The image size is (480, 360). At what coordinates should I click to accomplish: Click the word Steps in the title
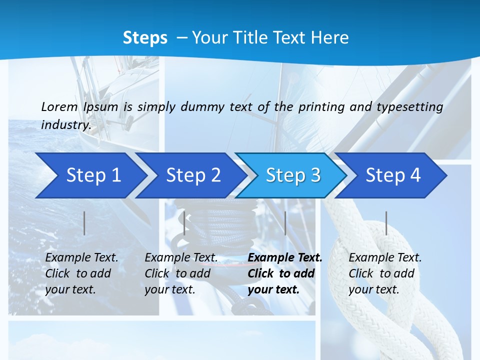[145, 37]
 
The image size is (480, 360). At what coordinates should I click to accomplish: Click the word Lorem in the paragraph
[59, 106]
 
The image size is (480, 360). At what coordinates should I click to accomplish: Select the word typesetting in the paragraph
[409, 106]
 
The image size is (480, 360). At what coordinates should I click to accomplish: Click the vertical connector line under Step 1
[84, 223]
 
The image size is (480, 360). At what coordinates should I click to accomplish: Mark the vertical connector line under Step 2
[184, 223]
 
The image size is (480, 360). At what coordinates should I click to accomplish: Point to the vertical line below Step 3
[285, 223]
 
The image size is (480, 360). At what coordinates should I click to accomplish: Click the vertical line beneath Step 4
[386, 223]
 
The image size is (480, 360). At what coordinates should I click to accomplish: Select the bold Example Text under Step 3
[285, 258]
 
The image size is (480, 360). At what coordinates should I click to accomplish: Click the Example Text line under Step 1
[81, 258]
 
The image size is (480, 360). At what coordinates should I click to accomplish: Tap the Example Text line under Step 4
[385, 258]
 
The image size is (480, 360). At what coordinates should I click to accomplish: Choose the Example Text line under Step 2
[181, 258]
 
